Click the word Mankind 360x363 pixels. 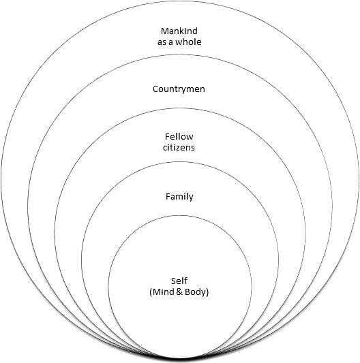179,31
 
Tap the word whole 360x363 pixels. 188,42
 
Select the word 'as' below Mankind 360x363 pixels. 162,43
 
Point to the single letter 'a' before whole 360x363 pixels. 170,43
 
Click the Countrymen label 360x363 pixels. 179,89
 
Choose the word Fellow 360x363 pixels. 179,137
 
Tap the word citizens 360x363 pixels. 179,148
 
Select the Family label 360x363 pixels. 179,197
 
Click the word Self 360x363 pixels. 179,281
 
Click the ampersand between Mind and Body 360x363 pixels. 179,291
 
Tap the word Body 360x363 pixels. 195,292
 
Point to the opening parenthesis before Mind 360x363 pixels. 151,292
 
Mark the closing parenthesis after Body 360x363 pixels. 207,292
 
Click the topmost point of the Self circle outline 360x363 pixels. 180,215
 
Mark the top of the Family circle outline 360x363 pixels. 180,162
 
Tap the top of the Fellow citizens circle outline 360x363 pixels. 180,108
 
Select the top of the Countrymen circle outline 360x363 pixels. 180,54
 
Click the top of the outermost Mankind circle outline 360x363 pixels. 180,1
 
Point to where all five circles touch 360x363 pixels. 180,360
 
